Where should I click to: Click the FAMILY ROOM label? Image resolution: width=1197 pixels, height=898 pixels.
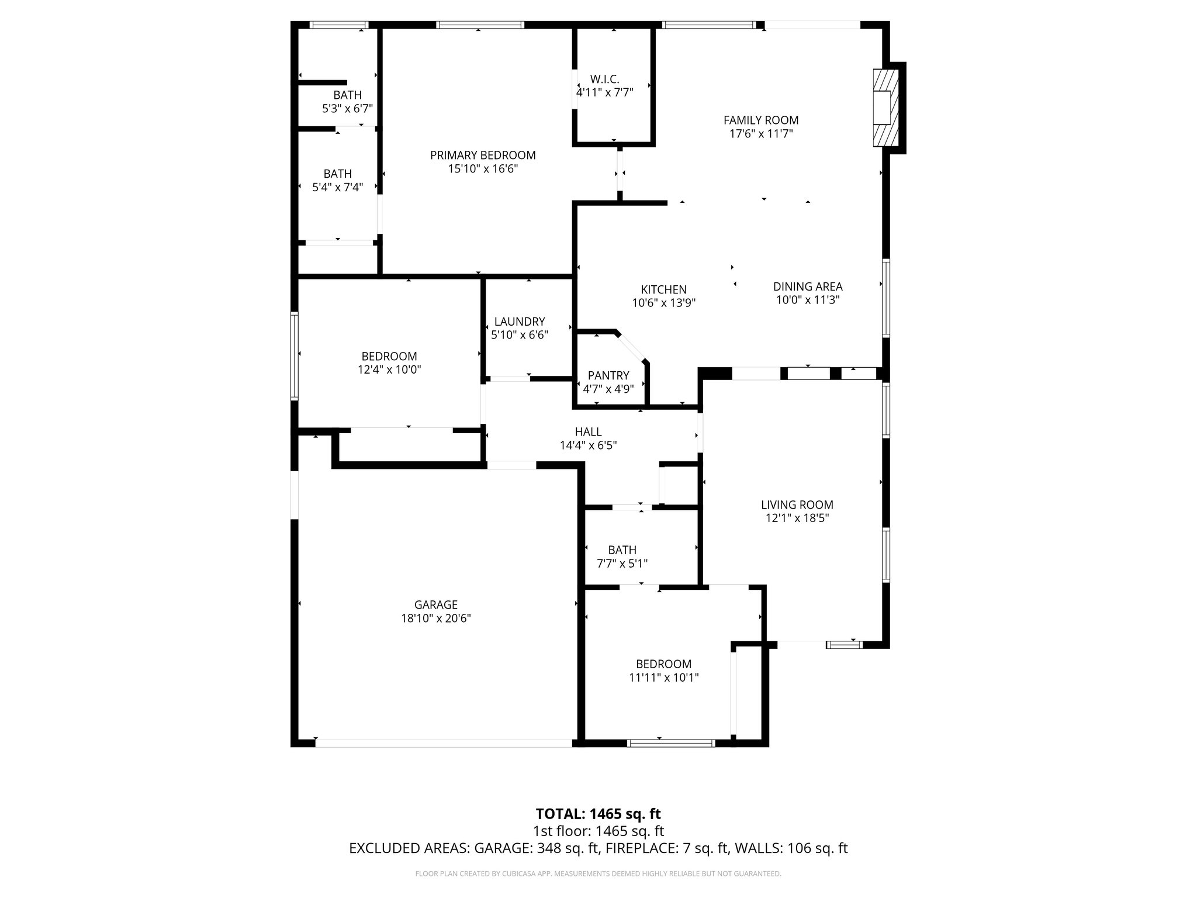(x=760, y=120)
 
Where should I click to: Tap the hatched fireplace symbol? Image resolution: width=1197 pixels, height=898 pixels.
(x=885, y=108)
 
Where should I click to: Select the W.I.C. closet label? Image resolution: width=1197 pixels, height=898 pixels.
(x=604, y=79)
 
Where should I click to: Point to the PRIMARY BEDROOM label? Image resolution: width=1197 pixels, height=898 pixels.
(x=483, y=156)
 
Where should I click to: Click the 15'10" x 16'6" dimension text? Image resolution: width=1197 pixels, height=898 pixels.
(x=483, y=169)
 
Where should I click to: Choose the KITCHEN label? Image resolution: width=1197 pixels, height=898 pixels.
(x=663, y=289)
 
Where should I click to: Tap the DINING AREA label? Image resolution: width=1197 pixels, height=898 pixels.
(x=808, y=286)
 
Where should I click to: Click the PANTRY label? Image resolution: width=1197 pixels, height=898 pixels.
(x=608, y=375)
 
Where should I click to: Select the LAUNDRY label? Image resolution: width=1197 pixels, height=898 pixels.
(x=519, y=322)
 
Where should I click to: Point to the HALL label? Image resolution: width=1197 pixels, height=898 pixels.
(x=588, y=432)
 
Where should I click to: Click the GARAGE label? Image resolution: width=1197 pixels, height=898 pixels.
(x=435, y=605)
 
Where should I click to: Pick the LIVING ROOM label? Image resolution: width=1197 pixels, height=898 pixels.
(x=797, y=505)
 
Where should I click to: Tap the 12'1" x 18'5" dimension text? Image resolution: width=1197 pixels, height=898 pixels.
(x=797, y=519)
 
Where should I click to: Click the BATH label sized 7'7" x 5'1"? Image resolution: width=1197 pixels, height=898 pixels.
(x=622, y=550)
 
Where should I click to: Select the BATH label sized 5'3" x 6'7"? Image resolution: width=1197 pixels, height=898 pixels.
(x=347, y=95)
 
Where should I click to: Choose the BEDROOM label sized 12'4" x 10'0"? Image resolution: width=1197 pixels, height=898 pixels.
(x=389, y=357)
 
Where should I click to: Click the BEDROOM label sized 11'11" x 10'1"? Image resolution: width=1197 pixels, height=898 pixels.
(x=663, y=664)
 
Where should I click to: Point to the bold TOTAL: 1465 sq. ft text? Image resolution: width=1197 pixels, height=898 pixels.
(x=598, y=814)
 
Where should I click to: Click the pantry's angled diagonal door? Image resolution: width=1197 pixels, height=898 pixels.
(x=631, y=348)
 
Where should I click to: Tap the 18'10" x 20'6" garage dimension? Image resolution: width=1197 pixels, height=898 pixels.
(x=435, y=619)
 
